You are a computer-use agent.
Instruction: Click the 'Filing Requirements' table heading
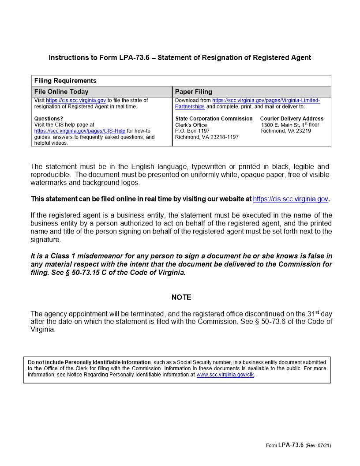coord(65,81)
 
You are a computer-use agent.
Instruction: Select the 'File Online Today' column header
coord(61,92)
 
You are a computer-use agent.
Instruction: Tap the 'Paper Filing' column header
coord(194,92)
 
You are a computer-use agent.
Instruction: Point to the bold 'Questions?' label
coord(49,119)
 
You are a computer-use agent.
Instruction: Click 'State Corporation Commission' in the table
coord(214,119)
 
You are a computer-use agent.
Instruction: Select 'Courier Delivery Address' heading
coord(292,119)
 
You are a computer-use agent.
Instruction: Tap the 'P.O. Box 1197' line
coord(192,131)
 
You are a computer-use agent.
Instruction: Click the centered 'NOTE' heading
coord(181,297)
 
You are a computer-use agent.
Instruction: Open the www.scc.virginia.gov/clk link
coord(225,375)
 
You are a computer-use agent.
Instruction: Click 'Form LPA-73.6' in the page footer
coord(285,445)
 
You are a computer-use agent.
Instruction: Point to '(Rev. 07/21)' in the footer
coord(318,445)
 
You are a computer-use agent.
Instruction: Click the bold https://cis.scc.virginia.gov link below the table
coord(290,199)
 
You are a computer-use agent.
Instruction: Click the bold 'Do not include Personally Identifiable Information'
coord(89,362)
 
